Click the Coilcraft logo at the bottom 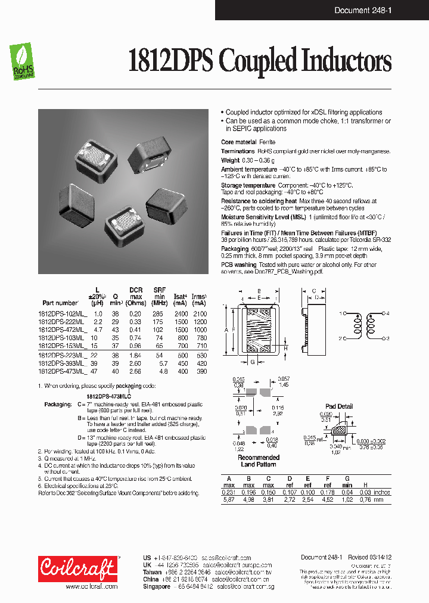pyautogui.click(x=78, y=570)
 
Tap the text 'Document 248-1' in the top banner pyautogui.click(x=384, y=10)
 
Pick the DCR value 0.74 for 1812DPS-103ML pyautogui.click(x=136, y=337)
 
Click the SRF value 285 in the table pyautogui.click(x=157, y=313)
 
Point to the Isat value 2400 pyautogui.click(x=181, y=313)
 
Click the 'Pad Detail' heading pyautogui.click(x=339, y=406)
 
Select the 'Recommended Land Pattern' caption pyautogui.click(x=258, y=461)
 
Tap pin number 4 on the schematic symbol pyautogui.click(x=387, y=313)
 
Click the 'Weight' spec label pyautogui.click(x=230, y=160)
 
